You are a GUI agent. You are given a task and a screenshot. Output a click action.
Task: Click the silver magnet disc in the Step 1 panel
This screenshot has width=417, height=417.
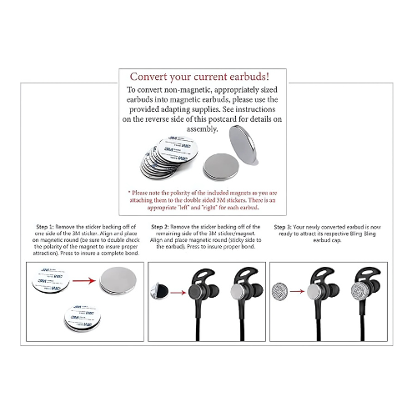116,281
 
